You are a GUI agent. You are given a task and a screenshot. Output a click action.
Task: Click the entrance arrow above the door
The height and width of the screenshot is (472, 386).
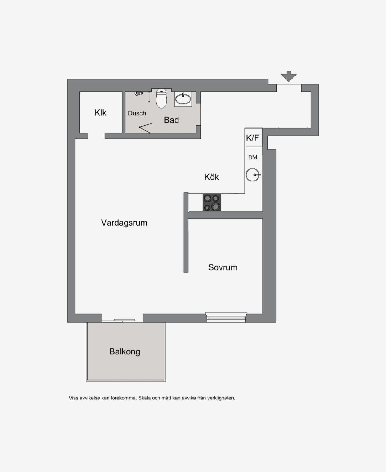[x=289, y=76]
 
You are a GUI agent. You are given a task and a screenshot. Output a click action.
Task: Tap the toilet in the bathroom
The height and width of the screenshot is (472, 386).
[x=161, y=98]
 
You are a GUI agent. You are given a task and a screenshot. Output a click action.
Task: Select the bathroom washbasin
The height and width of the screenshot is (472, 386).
[x=183, y=99]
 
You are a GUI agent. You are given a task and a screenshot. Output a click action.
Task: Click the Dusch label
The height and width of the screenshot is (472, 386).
[x=137, y=113]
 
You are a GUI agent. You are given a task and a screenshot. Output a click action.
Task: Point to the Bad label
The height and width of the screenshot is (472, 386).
[x=171, y=120]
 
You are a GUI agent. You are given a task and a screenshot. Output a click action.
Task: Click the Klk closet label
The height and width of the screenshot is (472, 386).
[x=100, y=113]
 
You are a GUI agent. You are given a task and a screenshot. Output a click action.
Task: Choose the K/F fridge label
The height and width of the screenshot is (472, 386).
[x=252, y=138]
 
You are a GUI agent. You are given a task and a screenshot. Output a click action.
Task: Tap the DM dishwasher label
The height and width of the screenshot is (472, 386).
[x=253, y=157]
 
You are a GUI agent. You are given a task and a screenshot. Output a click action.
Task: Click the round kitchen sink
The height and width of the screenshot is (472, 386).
[x=253, y=175]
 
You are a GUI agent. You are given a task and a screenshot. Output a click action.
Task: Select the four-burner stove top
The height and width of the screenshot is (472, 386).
[x=212, y=202]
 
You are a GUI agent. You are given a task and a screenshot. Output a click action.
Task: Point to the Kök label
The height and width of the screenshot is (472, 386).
[x=211, y=177]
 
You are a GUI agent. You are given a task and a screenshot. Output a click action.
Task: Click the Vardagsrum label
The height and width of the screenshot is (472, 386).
[x=124, y=223]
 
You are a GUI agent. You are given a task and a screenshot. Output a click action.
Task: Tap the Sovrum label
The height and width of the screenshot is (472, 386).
[x=223, y=267]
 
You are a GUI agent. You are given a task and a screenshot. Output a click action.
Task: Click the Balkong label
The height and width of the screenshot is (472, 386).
[x=125, y=351]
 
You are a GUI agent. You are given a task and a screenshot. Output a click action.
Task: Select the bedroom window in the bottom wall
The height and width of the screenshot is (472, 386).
[x=226, y=317]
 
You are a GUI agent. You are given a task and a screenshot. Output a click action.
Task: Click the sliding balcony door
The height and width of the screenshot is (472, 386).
[x=122, y=321]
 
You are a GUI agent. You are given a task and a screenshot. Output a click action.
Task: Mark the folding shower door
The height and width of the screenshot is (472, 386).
[x=145, y=128]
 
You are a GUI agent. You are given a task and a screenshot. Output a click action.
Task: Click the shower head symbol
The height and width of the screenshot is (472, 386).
[x=139, y=93]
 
